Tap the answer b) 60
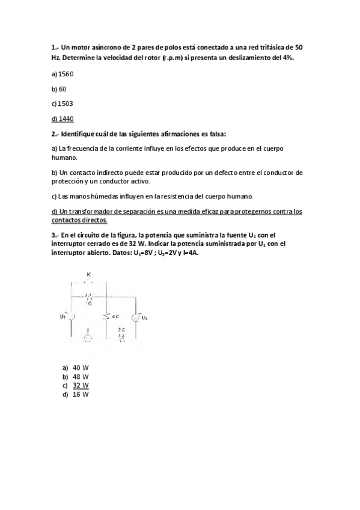59,89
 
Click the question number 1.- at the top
55,48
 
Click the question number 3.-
55,235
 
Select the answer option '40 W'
81,367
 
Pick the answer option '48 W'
81,376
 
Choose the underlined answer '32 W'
81,386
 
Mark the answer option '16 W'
81,395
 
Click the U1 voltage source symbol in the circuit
71,316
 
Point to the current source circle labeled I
88,339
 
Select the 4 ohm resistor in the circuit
106,316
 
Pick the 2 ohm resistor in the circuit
121,337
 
